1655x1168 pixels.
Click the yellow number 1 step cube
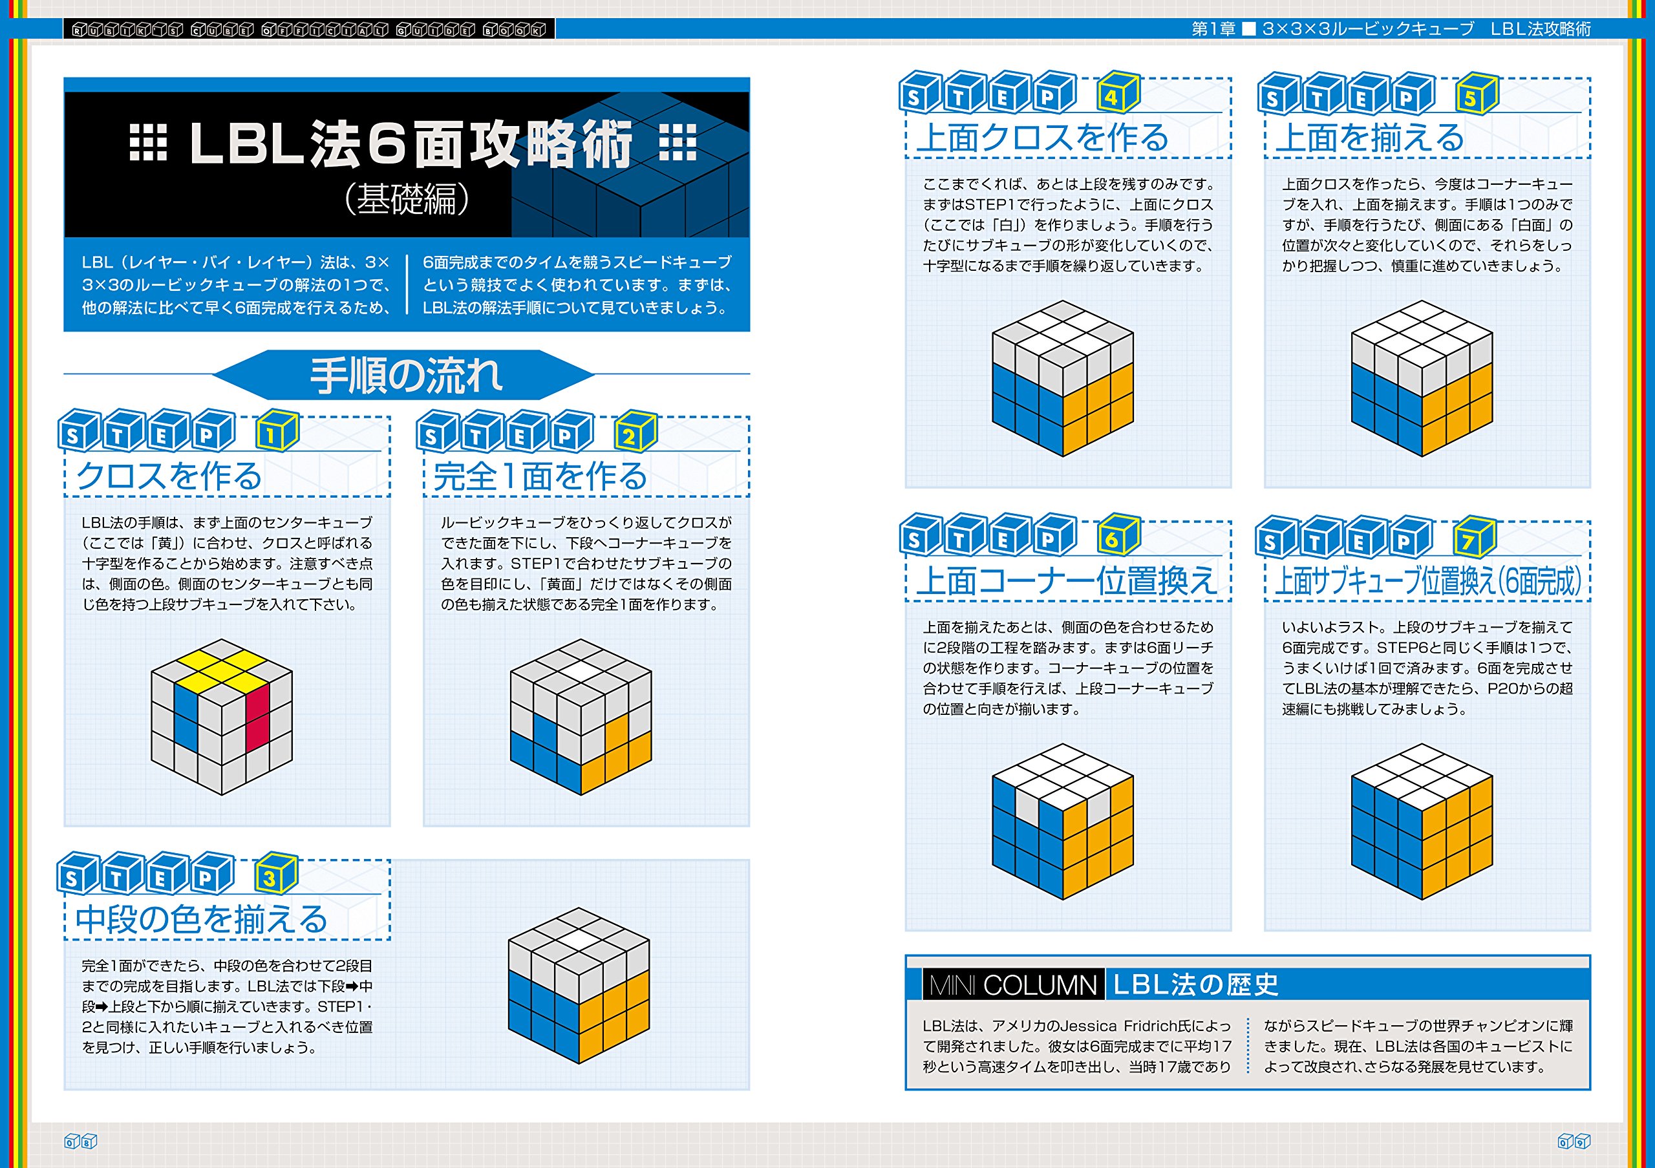[277, 432]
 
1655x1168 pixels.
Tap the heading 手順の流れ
[406, 376]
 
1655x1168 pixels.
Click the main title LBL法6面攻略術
[411, 144]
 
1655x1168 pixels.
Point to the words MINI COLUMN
[1013, 985]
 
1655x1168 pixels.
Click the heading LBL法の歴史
[1196, 984]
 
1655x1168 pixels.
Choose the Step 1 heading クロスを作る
[169, 476]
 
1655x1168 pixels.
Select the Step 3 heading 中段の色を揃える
[202, 919]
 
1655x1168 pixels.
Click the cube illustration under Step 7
[1422, 822]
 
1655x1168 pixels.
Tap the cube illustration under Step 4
[1062, 378]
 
